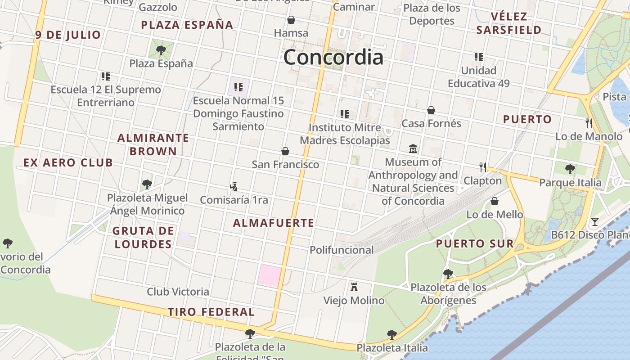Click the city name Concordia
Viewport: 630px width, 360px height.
click(333, 57)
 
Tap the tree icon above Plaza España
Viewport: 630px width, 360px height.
click(161, 50)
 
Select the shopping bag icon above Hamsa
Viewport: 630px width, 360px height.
click(291, 20)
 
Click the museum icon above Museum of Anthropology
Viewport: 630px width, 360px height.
click(413, 148)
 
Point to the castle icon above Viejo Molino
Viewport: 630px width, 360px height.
click(354, 287)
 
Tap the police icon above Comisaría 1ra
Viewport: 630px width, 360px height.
click(234, 186)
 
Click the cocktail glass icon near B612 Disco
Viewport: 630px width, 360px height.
click(595, 221)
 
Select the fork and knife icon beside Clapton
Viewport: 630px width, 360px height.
click(483, 167)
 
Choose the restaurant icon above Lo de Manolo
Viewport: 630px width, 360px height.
click(589, 123)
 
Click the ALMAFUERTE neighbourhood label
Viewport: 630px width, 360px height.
click(274, 223)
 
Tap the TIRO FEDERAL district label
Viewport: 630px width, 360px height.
click(211, 312)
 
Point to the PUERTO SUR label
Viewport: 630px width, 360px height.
click(475, 244)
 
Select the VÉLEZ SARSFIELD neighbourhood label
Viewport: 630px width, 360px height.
click(509, 23)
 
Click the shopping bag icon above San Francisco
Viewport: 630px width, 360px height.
click(285, 151)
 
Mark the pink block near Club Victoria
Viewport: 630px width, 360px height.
click(269, 274)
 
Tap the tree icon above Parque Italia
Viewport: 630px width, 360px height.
click(570, 169)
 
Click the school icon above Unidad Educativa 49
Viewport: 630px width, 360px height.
click(478, 57)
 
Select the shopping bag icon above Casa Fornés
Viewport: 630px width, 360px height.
click(431, 110)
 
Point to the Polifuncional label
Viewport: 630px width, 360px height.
click(342, 250)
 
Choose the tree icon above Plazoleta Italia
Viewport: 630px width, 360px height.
click(392, 334)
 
